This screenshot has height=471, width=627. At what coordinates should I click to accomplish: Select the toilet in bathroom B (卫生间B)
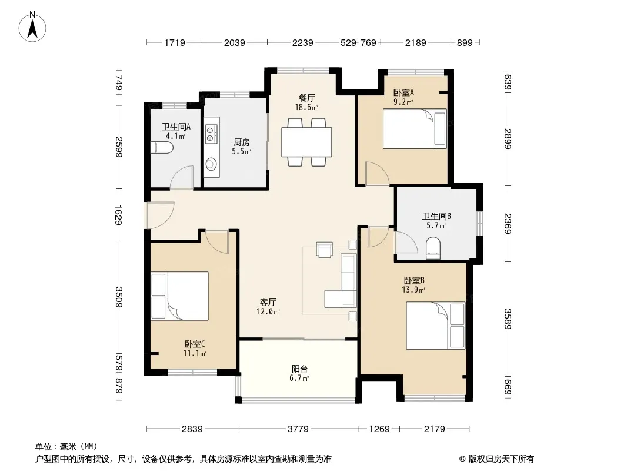point(433,248)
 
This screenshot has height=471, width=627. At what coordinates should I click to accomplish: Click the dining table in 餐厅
point(306,142)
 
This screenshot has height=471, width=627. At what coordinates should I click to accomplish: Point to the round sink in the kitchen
point(211,164)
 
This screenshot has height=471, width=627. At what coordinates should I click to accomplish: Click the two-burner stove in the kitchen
point(211,134)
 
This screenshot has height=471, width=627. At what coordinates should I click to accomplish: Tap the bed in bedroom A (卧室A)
point(415,128)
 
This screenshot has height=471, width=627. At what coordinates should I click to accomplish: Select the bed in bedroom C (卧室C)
point(180,296)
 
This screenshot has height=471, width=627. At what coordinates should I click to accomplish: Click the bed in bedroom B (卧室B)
point(436,326)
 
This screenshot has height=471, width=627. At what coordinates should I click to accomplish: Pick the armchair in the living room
point(324,249)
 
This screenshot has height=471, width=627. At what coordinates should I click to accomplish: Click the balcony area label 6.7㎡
point(299,378)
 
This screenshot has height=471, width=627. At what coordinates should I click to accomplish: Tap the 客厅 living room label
point(268,302)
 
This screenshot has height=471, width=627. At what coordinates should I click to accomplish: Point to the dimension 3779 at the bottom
point(298,429)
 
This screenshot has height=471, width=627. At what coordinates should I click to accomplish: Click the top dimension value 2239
point(303,42)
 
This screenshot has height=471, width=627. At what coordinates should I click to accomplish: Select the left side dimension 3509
point(119,297)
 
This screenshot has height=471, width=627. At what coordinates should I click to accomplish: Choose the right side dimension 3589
point(508,319)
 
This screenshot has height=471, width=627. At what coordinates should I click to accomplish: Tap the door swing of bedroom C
point(217,242)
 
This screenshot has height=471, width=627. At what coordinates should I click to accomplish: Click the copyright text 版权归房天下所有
point(501,459)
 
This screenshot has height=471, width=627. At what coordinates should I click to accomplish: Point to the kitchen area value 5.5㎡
point(242,152)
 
